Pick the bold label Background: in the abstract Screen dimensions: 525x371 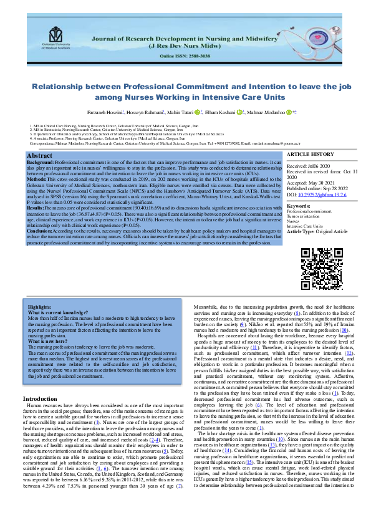coord(41,162)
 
